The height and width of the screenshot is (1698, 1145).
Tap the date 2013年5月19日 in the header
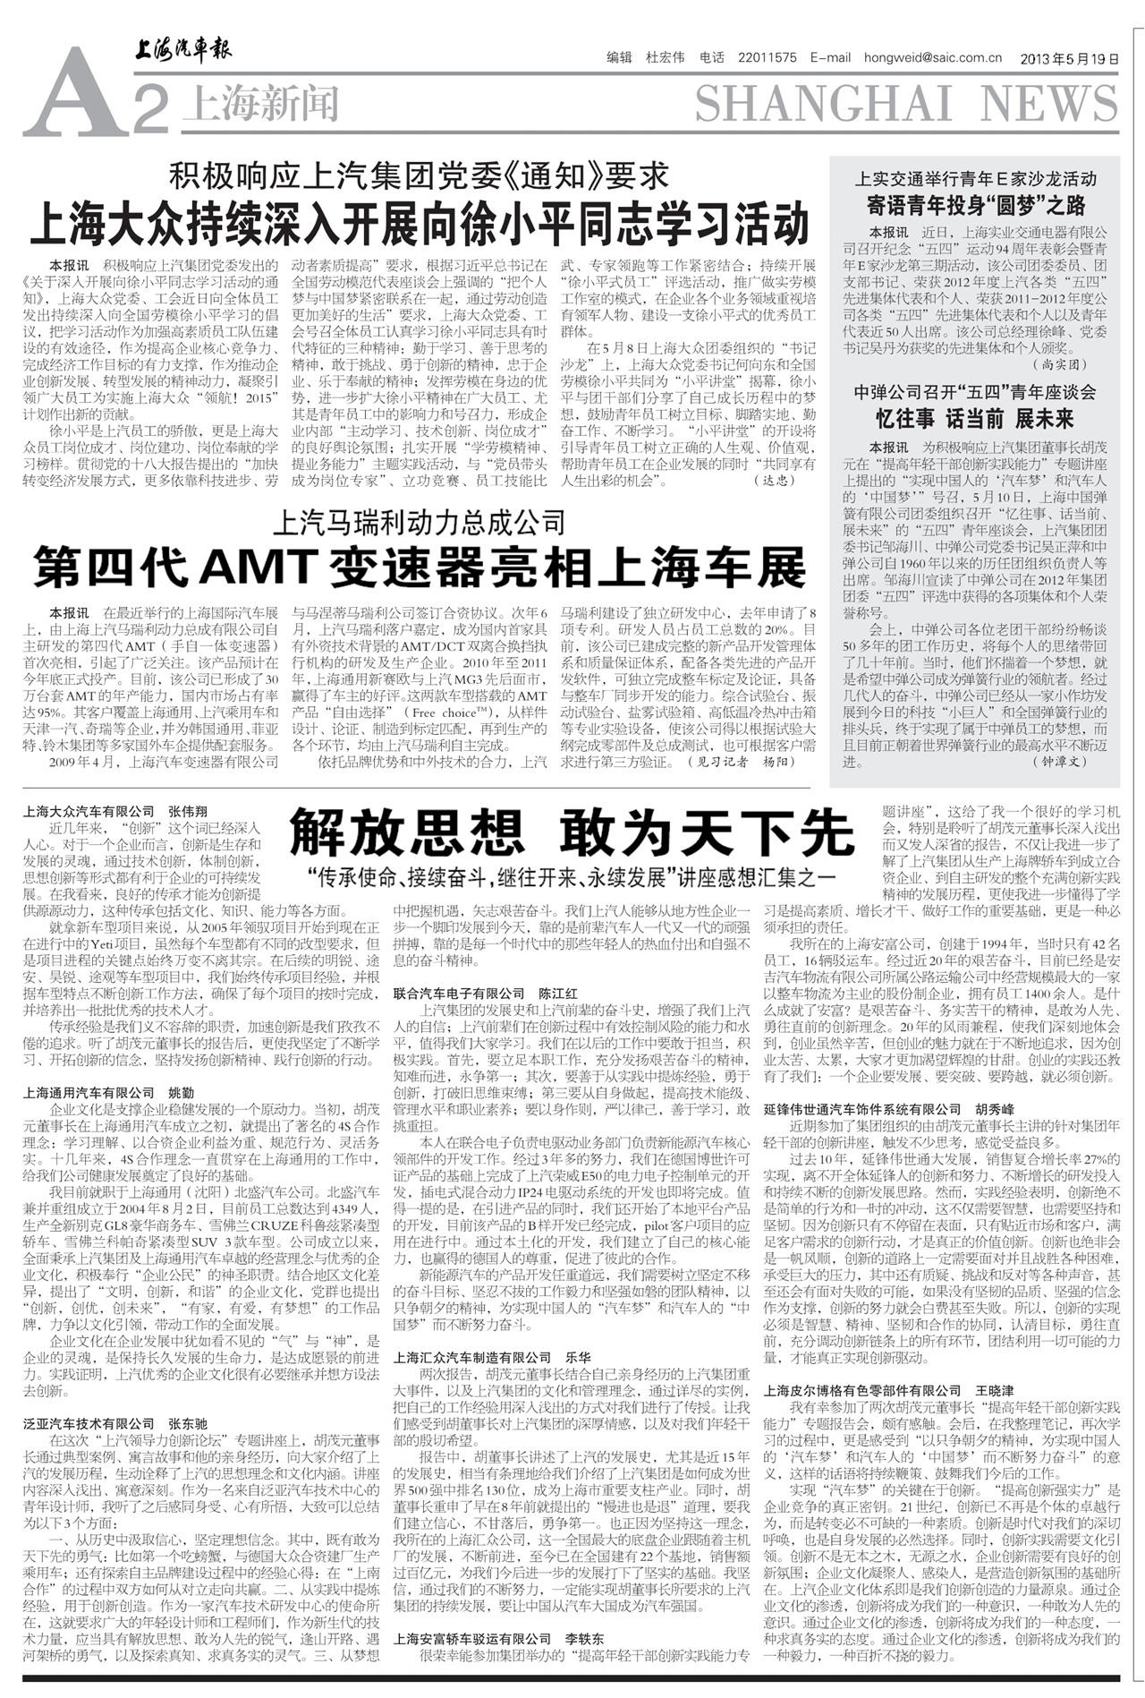(x=1069, y=58)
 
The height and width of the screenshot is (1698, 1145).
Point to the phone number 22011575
(x=767, y=58)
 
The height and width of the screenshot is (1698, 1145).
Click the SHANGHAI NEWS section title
(x=906, y=103)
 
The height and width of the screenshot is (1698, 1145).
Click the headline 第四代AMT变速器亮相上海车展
(x=420, y=566)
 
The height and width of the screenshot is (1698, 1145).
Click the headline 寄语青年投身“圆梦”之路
(x=975, y=205)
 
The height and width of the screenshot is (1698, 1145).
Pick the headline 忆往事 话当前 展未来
(x=974, y=418)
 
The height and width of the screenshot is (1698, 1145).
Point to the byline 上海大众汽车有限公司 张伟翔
(x=115, y=810)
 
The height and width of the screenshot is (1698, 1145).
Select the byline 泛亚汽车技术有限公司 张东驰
(x=115, y=1423)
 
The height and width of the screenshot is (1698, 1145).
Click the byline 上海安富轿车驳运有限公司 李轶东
(x=498, y=1638)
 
